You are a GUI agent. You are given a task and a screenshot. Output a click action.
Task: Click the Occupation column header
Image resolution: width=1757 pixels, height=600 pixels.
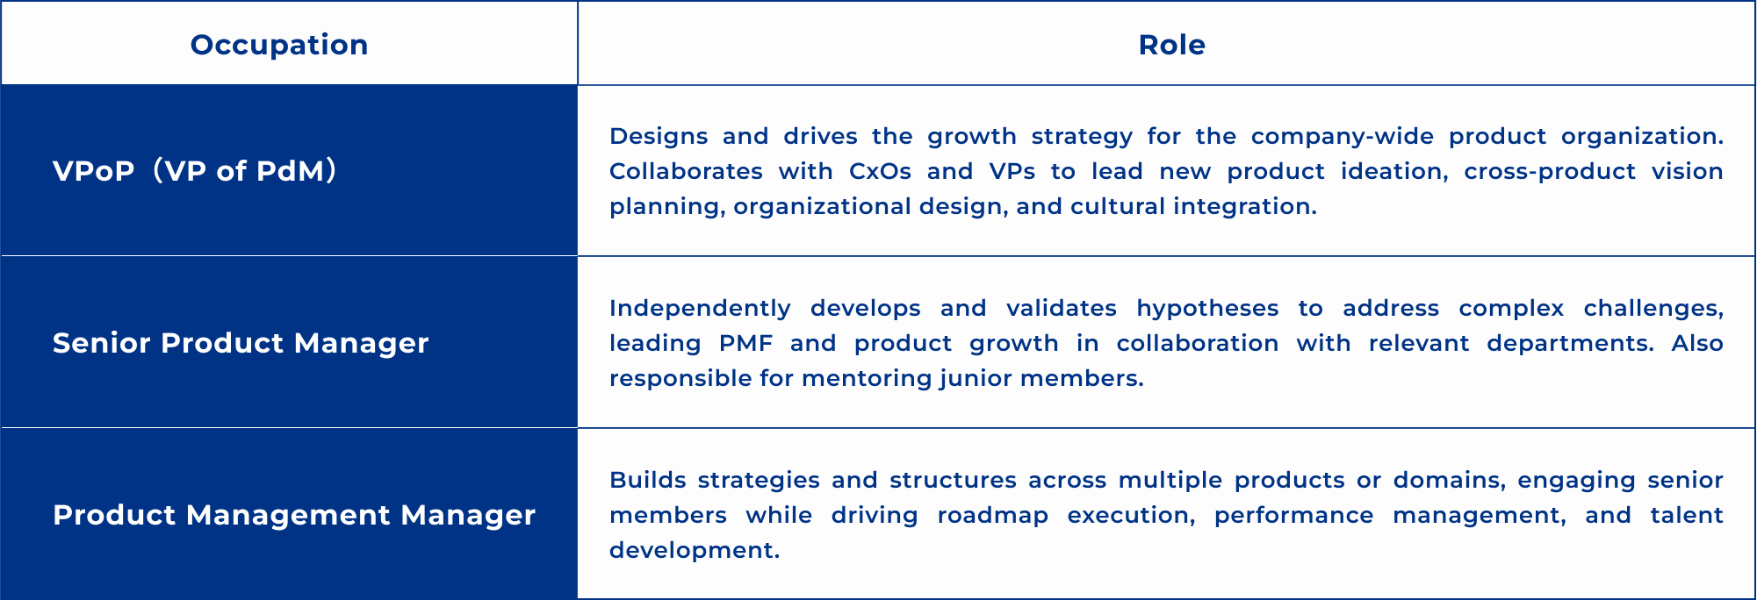279,45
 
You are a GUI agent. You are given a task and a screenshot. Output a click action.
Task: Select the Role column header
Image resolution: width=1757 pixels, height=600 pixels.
1171,45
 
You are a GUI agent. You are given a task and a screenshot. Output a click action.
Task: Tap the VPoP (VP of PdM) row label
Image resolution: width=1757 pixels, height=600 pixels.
195,170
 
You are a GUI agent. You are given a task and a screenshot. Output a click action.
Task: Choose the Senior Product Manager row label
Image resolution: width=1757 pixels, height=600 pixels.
241,343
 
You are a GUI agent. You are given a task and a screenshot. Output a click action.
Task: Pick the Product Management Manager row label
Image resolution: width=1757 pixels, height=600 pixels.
294,515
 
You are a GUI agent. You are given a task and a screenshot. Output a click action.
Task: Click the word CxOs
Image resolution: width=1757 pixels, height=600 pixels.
880,171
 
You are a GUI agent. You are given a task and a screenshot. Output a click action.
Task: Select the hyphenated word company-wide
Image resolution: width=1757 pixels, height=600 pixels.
1343,137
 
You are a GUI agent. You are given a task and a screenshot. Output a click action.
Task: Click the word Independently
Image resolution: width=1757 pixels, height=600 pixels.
700,309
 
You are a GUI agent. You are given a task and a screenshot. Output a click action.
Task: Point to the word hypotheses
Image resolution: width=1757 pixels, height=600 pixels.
1207,309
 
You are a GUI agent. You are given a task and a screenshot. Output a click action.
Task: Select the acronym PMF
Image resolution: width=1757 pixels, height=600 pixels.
745,343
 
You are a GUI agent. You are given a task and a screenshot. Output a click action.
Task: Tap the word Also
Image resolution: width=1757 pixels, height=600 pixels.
1697,343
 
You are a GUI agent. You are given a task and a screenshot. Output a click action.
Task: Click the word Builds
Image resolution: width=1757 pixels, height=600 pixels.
645,480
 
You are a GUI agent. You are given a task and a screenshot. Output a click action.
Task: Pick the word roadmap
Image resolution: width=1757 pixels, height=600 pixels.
992,516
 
